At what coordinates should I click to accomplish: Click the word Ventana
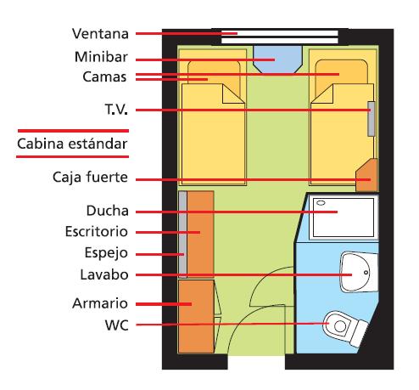click(x=100, y=34)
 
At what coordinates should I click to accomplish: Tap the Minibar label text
click(x=101, y=57)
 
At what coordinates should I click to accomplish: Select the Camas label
click(x=104, y=76)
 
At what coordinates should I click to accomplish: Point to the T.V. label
click(x=116, y=110)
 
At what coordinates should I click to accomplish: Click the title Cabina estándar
click(x=72, y=144)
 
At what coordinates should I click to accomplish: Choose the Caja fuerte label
click(x=90, y=178)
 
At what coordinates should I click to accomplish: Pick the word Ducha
click(x=108, y=211)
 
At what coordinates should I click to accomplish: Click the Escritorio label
click(x=97, y=232)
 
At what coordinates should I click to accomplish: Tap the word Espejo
click(x=106, y=253)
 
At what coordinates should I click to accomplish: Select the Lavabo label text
click(x=104, y=274)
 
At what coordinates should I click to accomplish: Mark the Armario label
click(x=100, y=303)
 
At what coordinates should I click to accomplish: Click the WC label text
click(x=116, y=325)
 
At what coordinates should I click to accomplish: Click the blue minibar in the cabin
click(x=278, y=59)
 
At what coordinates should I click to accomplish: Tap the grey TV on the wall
click(x=372, y=119)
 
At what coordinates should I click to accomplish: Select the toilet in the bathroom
click(x=344, y=328)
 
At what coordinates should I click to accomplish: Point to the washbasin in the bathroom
click(x=359, y=273)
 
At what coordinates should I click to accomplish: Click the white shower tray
click(x=344, y=218)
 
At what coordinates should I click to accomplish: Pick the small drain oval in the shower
click(x=321, y=203)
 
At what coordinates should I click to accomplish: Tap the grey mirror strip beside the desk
click(x=183, y=235)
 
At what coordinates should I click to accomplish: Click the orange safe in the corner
click(x=367, y=176)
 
